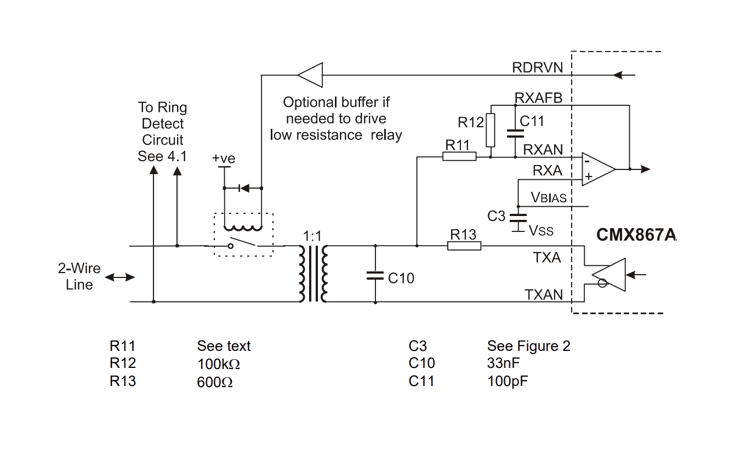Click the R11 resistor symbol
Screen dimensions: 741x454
[459, 156]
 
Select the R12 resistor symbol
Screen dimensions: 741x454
[491, 130]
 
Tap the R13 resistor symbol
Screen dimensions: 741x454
[464, 246]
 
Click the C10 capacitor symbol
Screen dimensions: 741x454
[375, 276]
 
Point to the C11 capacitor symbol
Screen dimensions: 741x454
[515, 134]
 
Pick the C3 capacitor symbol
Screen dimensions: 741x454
[518, 218]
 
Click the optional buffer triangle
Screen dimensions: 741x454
[310, 75]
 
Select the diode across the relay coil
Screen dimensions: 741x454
[244, 188]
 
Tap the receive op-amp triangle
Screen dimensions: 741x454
[598, 169]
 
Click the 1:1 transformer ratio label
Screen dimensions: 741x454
[312, 236]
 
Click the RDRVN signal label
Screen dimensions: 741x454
[537, 67]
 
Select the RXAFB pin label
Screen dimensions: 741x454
[539, 98]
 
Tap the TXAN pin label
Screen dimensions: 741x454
[544, 294]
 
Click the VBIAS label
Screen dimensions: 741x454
[549, 197]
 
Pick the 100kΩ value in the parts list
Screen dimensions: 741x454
[218, 364]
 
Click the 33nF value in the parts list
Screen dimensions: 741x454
[503, 363]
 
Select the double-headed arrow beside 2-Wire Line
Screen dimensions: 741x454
[119, 277]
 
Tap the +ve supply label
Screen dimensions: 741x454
[224, 158]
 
